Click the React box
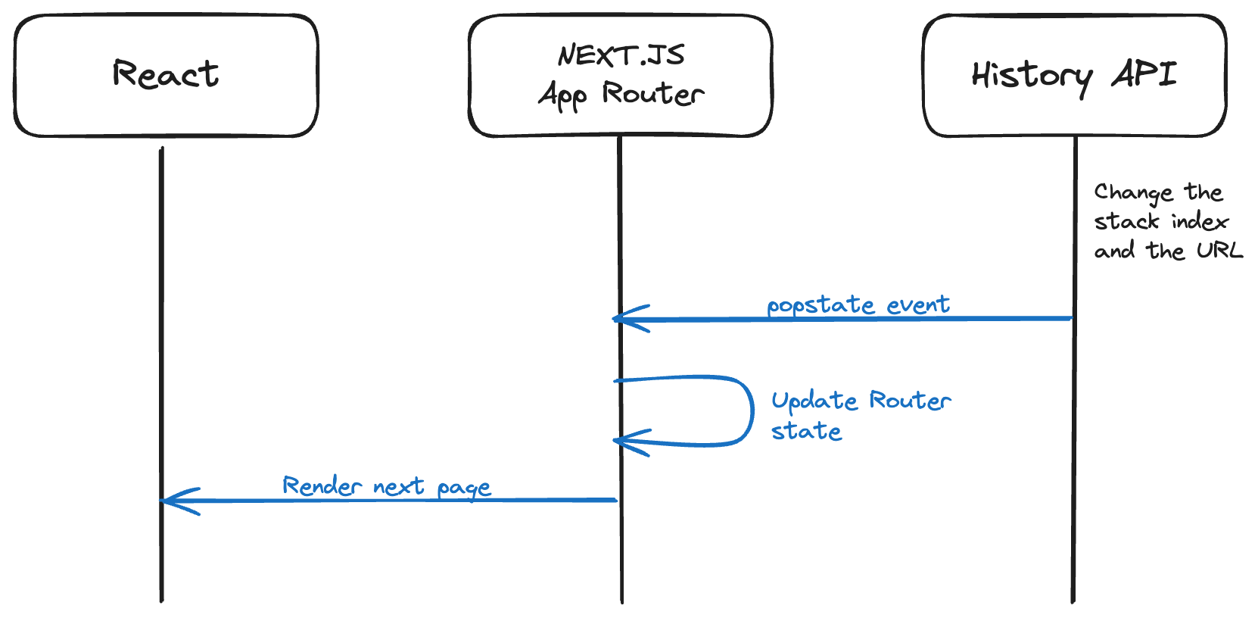point(166,76)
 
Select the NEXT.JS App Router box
point(620,76)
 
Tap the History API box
point(1074,76)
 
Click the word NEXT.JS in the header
point(621,55)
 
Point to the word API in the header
point(1144,74)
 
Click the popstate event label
point(858,304)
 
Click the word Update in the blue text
point(814,401)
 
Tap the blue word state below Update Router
point(806,431)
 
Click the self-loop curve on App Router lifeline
point(751,411)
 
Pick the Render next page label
point(386,486)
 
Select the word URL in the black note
point(1219,251)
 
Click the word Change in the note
point(1133,193)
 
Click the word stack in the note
point(1126,222)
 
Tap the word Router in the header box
point(652,94)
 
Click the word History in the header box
point(1032,76)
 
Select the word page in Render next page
point(464,488)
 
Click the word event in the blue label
point(917,304)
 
